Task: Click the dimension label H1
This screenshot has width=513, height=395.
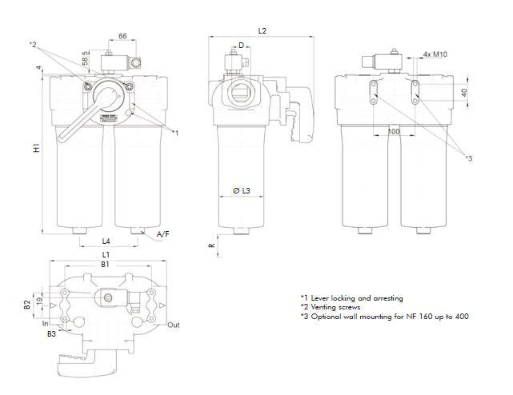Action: [36, 149]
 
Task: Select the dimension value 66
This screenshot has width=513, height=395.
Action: [122, 37]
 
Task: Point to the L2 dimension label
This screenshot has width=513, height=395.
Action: [263, 30]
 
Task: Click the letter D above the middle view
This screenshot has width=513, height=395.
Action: [241, 46]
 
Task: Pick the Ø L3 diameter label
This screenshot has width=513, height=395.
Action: [242, 190]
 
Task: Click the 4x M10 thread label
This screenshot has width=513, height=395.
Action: [435, 54]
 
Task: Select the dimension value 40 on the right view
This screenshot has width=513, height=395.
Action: [465, 92]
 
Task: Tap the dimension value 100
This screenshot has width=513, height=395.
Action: [393, 130]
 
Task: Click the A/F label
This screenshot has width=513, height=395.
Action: [162, 233]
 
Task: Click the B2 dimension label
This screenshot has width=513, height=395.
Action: [26, 304]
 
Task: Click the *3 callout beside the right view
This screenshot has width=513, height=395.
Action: [469, 158]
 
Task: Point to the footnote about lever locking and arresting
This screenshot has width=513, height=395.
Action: [351, 297]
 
